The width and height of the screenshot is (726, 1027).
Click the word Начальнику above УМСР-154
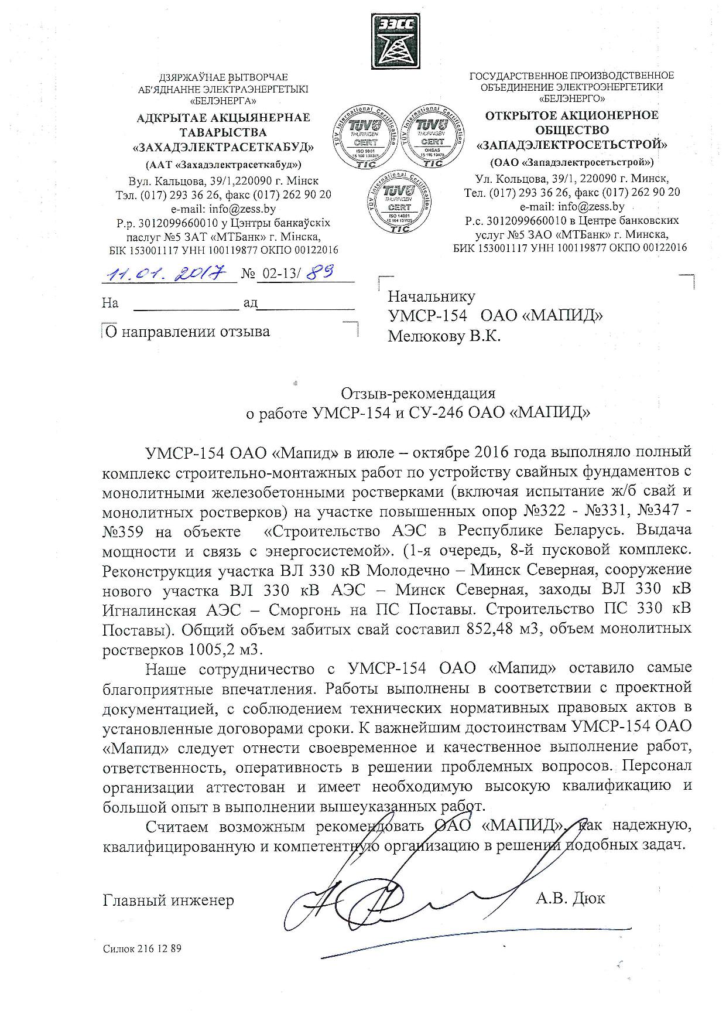click(432, 296)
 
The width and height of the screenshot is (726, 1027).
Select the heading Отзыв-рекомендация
click(419, 393)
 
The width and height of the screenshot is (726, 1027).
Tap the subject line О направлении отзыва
click(187, 332)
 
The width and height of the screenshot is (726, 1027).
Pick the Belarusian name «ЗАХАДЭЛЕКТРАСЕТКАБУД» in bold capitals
click(223, 146)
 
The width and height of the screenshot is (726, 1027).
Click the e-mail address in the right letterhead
click(572, 206)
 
